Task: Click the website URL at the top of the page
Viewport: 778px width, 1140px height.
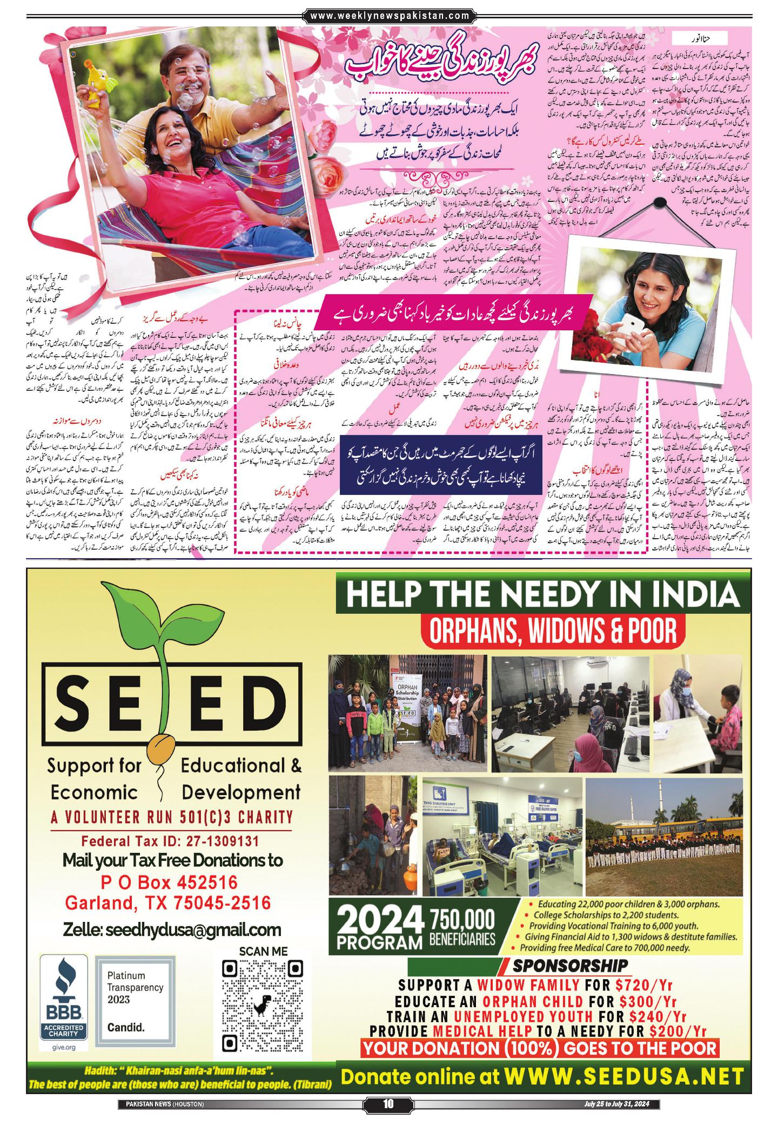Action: [389, 16]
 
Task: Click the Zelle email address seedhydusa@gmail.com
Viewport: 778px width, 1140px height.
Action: [172, 929]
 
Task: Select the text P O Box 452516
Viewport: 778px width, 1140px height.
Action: [169, 883]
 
